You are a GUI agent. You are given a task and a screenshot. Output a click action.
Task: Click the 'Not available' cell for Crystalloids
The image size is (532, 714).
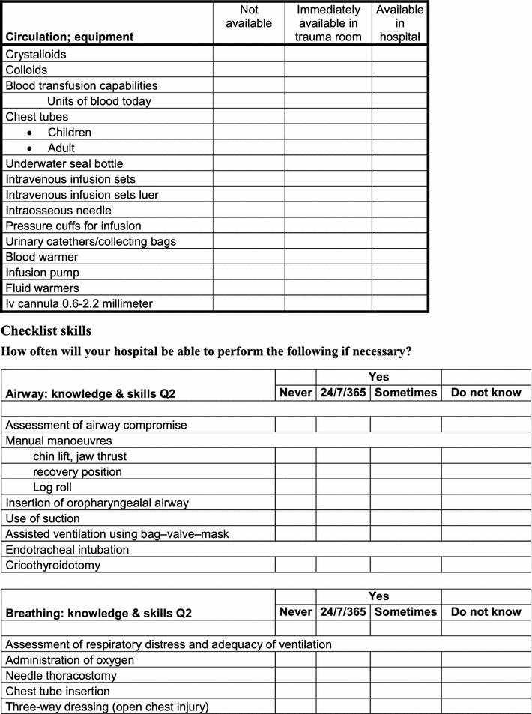click(x=249, y=55)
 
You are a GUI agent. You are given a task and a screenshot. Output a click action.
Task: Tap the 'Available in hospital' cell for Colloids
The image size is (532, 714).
click(x=399, y=70)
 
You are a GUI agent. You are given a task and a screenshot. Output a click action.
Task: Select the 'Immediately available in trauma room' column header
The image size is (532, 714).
click(x=328, y=23)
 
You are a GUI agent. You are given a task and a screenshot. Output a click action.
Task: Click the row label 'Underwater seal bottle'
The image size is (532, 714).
click(x=64, y=163)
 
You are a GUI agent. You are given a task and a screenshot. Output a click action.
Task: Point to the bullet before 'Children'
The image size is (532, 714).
click(x=29, y=133)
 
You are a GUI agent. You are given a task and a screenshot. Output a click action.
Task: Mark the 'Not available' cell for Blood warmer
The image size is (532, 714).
click(x=249, y=257)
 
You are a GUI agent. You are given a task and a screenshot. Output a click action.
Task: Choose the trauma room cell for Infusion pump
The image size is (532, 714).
click(x=328, y=273)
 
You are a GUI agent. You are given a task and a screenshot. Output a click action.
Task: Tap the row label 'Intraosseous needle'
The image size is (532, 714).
click(x=58, y=211)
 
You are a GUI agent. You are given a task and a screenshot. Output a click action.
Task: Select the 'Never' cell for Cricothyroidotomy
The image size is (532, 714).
click(x=295, y=565)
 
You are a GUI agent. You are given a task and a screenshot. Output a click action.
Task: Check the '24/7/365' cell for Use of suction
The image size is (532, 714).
click(x=342, y=518)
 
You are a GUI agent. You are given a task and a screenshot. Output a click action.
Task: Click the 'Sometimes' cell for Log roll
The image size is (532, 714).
click(x=405, y=487)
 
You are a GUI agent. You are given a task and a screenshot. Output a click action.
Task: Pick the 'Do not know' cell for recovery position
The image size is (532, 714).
click(x=486, y=472)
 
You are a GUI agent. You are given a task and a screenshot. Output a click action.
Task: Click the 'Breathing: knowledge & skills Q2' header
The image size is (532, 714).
click(x=99, y=613)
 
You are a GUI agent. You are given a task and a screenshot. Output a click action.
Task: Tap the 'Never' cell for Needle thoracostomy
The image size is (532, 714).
click(x=295, y=675)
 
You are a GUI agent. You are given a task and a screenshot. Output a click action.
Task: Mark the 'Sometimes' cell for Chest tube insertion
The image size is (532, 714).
click(x=405, y=691)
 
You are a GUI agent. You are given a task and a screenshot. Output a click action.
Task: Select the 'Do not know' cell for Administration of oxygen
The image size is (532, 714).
click(x=486, y=659)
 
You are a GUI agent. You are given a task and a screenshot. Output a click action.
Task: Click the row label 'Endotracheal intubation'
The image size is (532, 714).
click(x=67, y=549)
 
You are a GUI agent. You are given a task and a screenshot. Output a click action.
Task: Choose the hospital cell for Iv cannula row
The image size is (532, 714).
click(x=399, y=303)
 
